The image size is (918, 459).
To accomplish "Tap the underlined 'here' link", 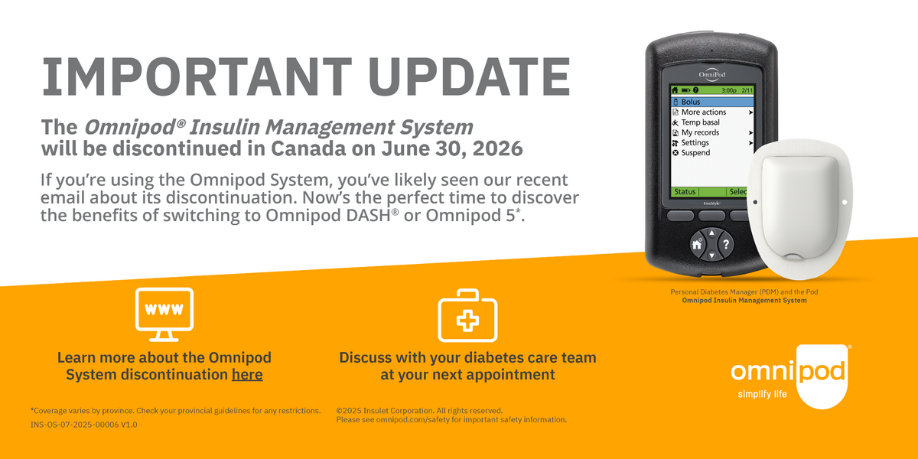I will tap(247, 375).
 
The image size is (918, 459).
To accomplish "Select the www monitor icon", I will tap(164, 314).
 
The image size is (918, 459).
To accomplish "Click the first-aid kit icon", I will tap(467, 316).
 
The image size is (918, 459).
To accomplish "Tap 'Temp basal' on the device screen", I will tap(700, 122).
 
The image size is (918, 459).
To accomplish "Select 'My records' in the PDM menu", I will tap(700, 132).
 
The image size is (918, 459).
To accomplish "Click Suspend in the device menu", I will tap(695, 153).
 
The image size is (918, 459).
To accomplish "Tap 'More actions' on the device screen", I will tap(703, 112).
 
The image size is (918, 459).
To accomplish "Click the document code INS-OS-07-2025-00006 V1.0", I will tap(84, 424).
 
